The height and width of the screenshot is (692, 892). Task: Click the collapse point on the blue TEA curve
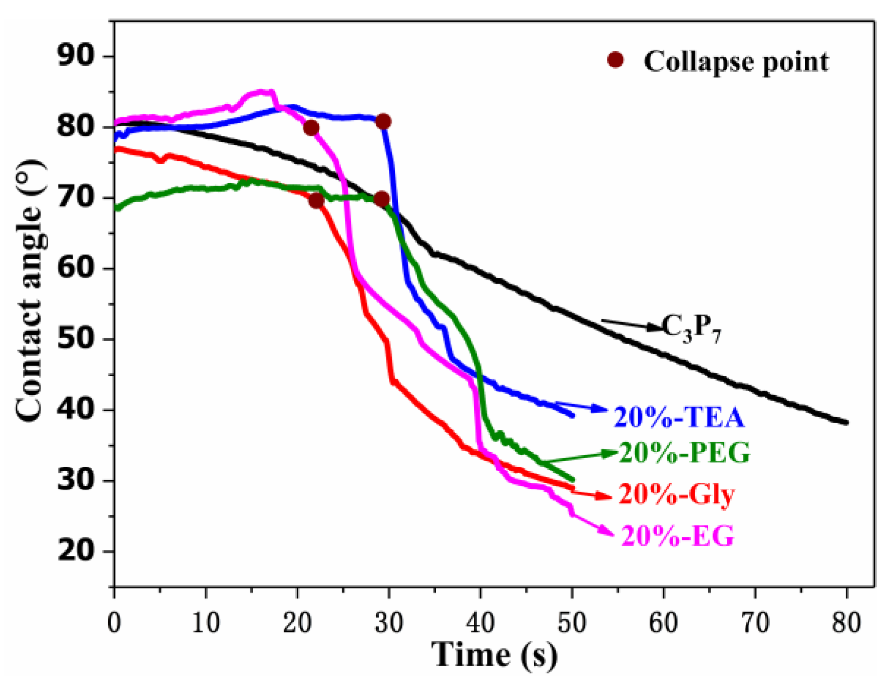coord(383,121)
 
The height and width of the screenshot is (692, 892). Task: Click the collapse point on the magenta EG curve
coord(311,128)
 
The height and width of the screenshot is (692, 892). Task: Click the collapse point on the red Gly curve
coord(316,200)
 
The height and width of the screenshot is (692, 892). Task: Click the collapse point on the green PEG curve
coord(382,199)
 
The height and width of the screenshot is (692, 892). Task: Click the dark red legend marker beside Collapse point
coord(616,60)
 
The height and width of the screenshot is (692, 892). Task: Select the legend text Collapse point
coord(736,62)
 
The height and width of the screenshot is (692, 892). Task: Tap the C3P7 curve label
coord(691,328)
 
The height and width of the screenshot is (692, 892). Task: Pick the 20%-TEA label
coord(679,418)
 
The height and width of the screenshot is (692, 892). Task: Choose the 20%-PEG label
coord(684,453)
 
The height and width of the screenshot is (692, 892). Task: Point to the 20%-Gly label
coord(677,494)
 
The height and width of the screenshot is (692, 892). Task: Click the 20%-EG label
coord(678,536)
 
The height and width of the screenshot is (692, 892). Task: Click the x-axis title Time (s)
coord(494,655)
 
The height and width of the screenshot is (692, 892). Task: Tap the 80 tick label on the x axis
coord(847,622)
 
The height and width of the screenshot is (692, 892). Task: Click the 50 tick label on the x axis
coord(572,622)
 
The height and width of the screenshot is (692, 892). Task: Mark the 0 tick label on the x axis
coord(114,622)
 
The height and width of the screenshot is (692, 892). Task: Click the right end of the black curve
coord(846,422)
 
